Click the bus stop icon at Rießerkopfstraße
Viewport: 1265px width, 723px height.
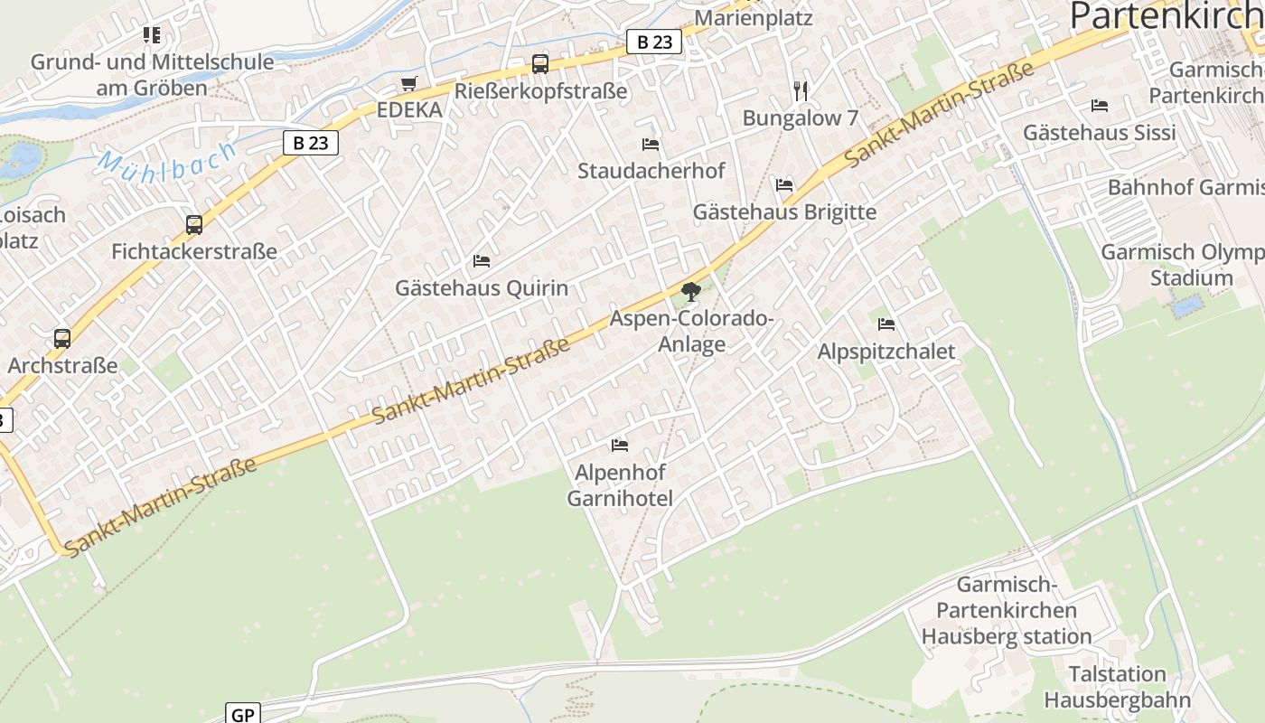point(539,64)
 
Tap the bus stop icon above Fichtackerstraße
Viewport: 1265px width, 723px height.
point(193,224)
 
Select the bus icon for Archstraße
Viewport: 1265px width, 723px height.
point(62,339)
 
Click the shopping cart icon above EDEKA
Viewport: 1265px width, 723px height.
point(409,84)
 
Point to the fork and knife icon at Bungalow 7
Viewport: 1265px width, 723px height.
point(800,90)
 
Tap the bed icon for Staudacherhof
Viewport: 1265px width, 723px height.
point(651,145)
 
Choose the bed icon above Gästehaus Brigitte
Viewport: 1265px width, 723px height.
point(784,185)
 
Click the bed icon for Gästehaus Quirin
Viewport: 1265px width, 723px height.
point(482,261)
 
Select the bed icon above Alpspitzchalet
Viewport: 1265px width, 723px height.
point(886,324)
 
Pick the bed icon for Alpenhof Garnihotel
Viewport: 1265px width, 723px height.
point(620,446)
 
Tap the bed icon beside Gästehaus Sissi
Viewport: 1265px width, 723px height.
point(1100,106)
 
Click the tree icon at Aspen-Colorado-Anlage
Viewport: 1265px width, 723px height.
point(691,292)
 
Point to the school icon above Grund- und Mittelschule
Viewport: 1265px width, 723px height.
point(152,35)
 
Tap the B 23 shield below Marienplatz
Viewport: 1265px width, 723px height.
point(654,42)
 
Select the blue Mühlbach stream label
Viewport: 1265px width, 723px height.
point(167,159)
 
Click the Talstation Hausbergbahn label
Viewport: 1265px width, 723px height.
point(1118,687)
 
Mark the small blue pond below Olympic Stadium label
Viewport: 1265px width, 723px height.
point(1186,306)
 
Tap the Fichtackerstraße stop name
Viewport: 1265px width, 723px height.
point(194,251)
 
